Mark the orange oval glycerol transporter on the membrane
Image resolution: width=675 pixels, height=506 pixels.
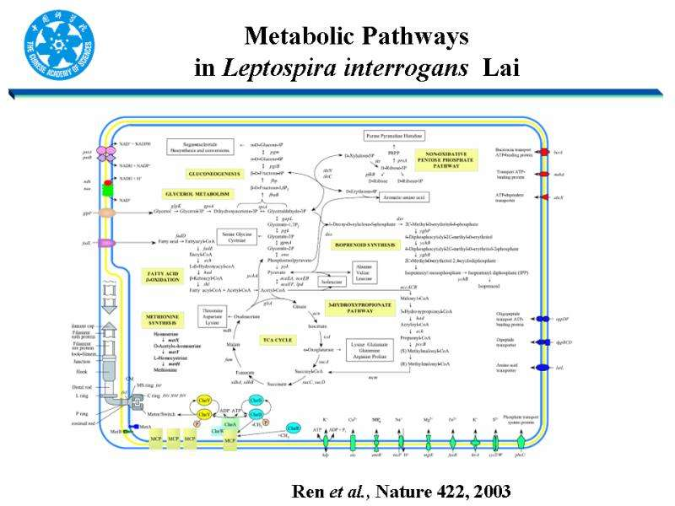pos(108,213)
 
